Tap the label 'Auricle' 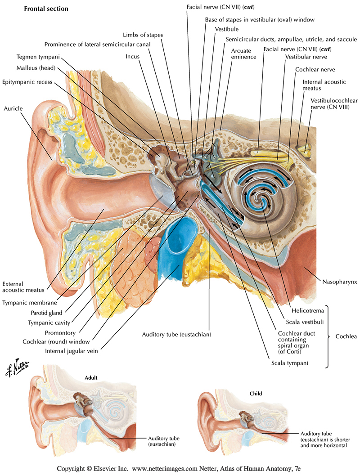(13, 108)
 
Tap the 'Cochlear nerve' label (315, 70)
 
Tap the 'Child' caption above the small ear (256, 394)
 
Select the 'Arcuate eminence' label (244, 54)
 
